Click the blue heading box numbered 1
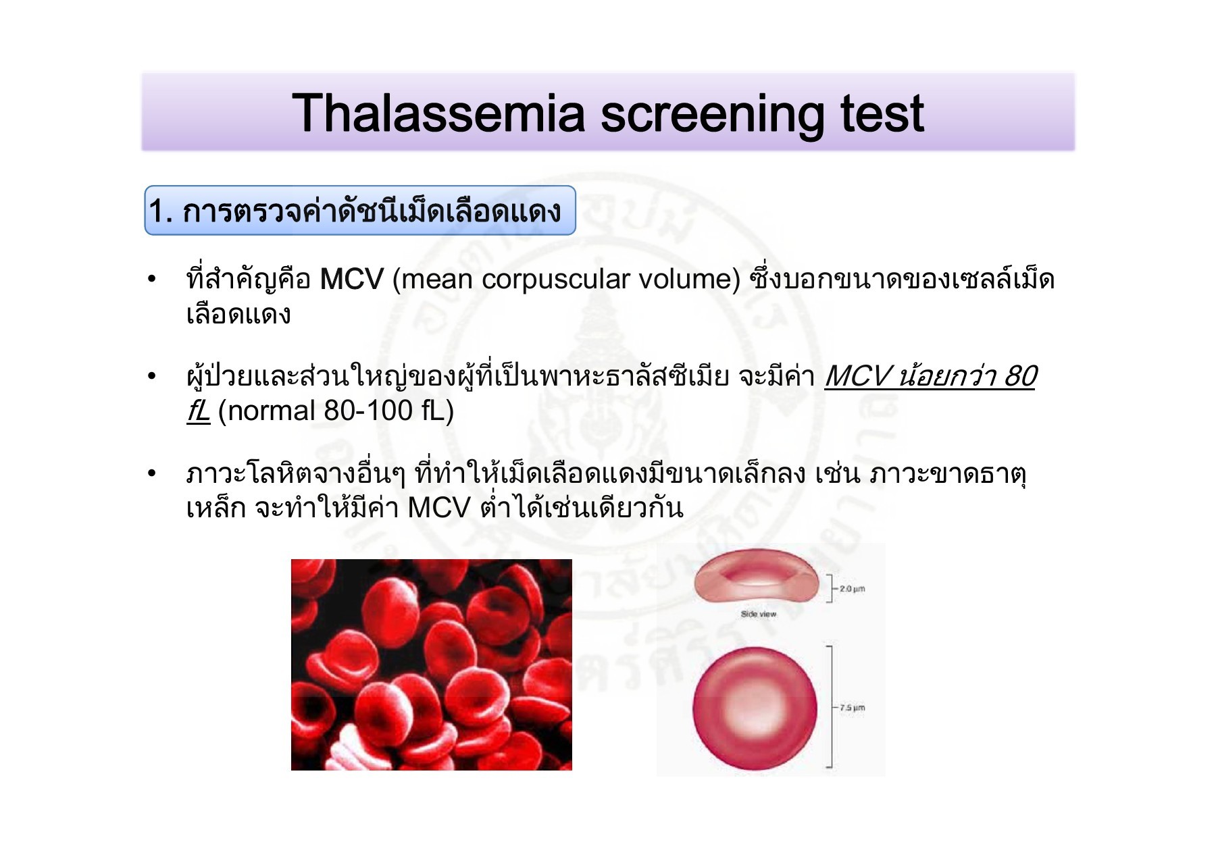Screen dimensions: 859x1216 point(359,211)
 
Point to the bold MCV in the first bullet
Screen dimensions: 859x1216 point(351,280)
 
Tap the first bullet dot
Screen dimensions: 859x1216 point(151,280)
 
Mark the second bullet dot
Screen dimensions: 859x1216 point(151,376)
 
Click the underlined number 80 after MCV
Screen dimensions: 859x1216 point(1019,376)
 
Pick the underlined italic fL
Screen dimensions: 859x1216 point(198,411)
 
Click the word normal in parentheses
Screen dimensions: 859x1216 point(273,411)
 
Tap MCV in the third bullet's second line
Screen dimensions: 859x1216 point(438,508)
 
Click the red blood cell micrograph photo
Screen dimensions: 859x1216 point(431,665)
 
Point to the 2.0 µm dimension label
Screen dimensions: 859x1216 point(852,589)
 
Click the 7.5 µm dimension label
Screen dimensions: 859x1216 point(852,708)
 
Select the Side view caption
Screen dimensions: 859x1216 point(758,614)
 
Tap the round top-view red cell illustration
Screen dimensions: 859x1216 point(755,708)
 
